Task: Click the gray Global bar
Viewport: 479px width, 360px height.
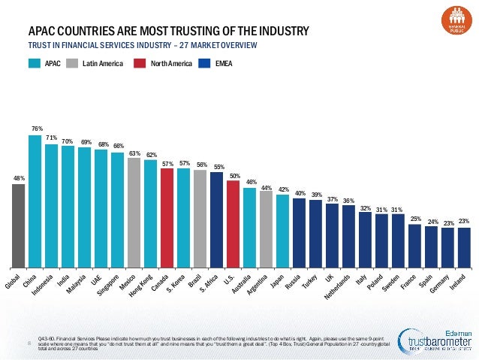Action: (x=18, y=225)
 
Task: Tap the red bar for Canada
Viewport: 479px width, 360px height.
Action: (x=167, y=218)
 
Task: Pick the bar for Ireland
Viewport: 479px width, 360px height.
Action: (x=464, y=247)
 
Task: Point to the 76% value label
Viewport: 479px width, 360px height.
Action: (x=36, y=129)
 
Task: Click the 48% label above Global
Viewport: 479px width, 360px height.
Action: (x=19, y=178)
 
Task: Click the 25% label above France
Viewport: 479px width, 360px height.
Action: (x=415, y=218)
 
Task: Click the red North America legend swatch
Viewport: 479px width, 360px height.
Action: (x=139, y=64)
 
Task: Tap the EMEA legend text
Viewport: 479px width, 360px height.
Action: (x=224, y=64)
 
